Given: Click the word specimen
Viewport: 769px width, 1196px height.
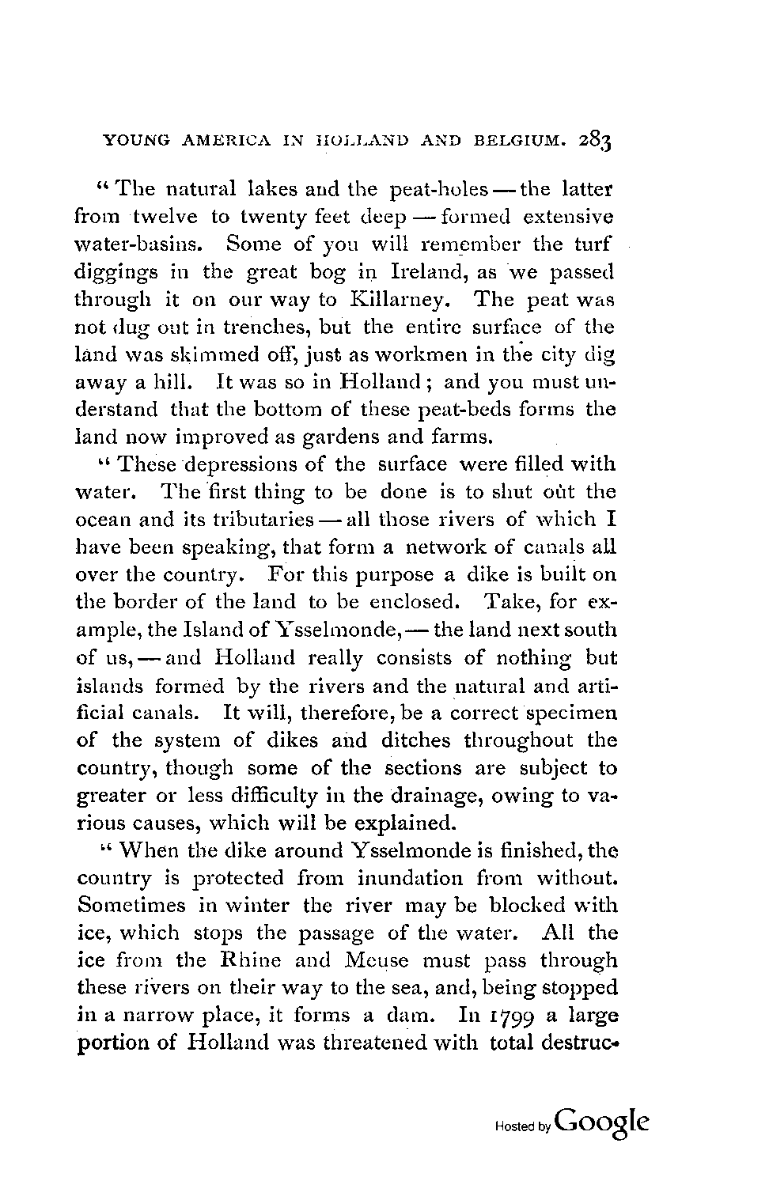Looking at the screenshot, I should (x=568, y=714).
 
